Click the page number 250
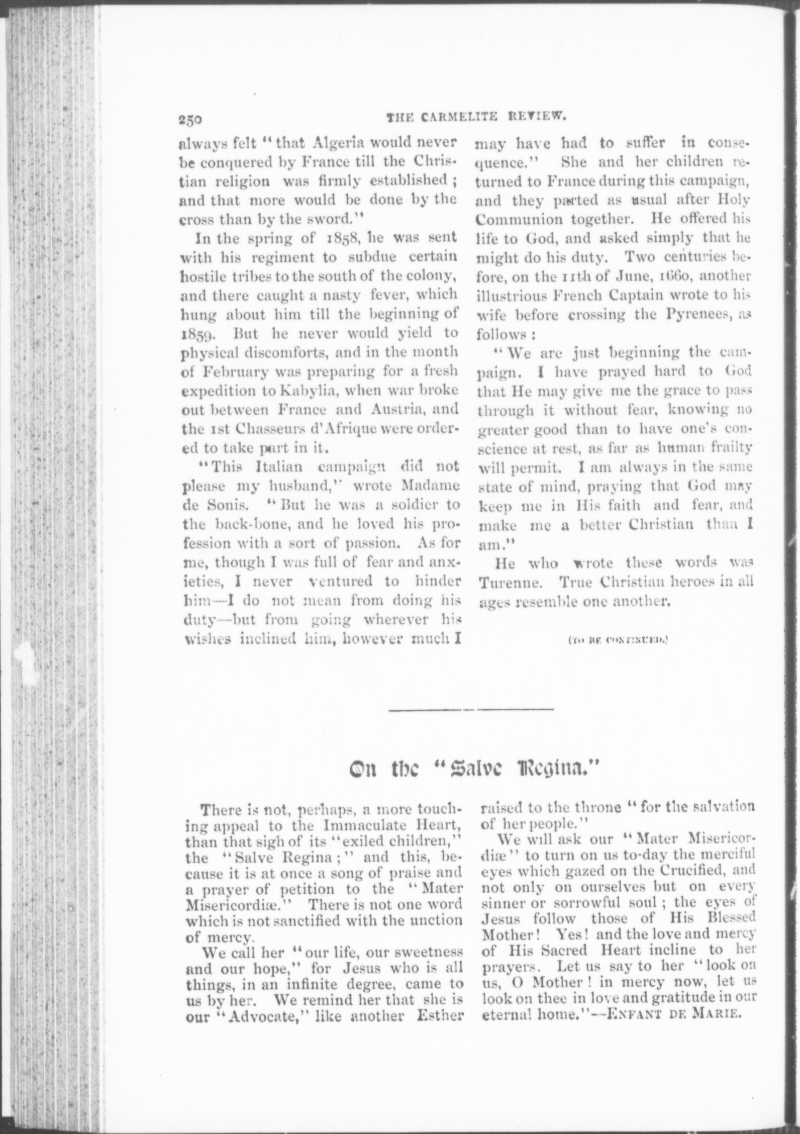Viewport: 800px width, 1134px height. coord(189,120)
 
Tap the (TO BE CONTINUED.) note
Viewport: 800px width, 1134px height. coord(617,640)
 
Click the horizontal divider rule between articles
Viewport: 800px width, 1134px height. coord(471,710)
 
